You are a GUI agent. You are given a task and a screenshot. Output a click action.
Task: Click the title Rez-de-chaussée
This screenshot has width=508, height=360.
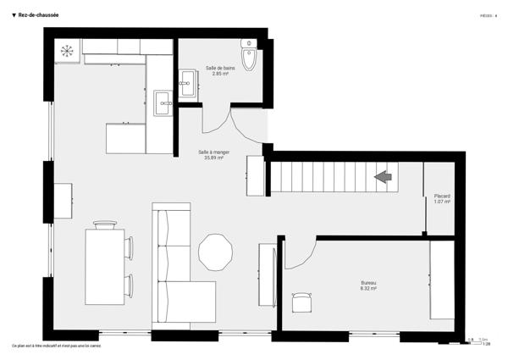(40, 15)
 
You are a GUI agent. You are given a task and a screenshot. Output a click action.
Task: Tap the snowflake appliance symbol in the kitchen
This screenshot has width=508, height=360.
(66, 50)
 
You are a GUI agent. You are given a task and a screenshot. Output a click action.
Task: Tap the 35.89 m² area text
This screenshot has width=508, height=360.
(213, 158)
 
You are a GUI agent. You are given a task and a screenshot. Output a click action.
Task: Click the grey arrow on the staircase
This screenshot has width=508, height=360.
(383, 176)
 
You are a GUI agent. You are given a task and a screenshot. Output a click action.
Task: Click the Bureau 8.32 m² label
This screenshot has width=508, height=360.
(367, 285)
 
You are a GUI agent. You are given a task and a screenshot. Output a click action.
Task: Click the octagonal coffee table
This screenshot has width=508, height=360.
(215, 251)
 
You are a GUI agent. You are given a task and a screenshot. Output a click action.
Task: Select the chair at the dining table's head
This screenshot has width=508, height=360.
(105, 224)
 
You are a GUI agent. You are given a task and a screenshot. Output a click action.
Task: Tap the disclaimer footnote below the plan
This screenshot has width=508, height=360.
(56, 346)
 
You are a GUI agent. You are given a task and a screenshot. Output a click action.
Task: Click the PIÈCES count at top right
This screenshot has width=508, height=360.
(489, 15)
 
